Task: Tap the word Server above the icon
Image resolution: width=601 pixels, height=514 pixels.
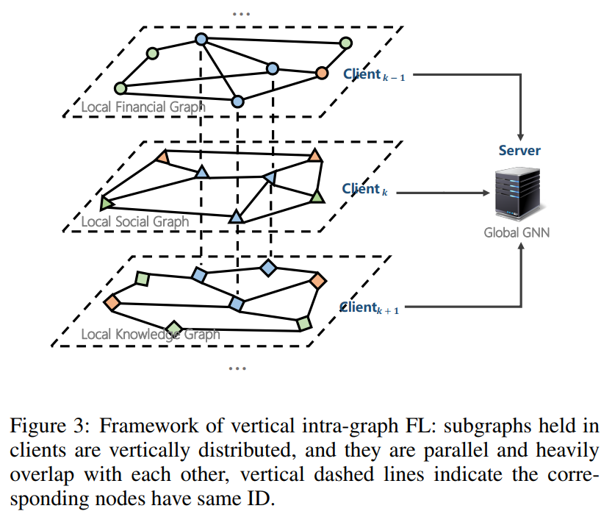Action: pos(519,151)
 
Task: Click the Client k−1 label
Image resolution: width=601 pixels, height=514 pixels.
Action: pos(373,74)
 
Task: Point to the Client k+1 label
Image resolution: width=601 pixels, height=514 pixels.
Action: pos(369,308)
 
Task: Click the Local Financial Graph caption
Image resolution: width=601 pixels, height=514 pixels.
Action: pos(143,107)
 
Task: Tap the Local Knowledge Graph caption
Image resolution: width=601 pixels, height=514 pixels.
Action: pos(150,335)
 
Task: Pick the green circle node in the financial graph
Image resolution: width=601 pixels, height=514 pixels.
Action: pos(152,53)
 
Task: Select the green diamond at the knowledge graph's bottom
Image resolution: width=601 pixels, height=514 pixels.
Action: pos(173,328)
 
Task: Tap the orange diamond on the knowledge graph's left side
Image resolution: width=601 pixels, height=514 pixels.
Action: pos(112,301)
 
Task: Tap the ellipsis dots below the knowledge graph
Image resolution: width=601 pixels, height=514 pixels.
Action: pos(237,367)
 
